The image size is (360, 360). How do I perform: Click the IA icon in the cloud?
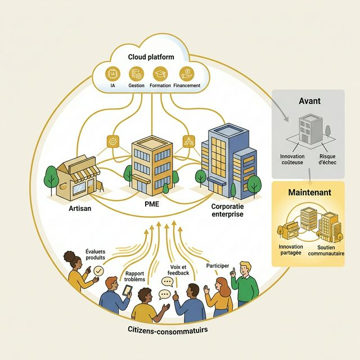(x=113, y=73)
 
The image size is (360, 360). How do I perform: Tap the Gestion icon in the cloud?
(x=136, y=73)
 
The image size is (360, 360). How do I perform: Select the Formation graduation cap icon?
(x=160, y=73)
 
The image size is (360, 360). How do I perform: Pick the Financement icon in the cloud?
(x=186, y=73)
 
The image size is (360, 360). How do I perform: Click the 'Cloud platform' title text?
(x=151, y=57)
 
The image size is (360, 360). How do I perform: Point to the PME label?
(x=151, y=204)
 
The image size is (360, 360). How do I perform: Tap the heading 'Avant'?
(x=309, y=101)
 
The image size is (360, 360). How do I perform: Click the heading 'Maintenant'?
(x=309, y=192)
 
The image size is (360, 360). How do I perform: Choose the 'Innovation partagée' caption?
(x=290, y=250)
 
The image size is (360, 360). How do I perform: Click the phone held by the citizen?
(x=128, y=291)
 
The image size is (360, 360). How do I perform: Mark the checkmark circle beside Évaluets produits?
(x=99, y=271)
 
